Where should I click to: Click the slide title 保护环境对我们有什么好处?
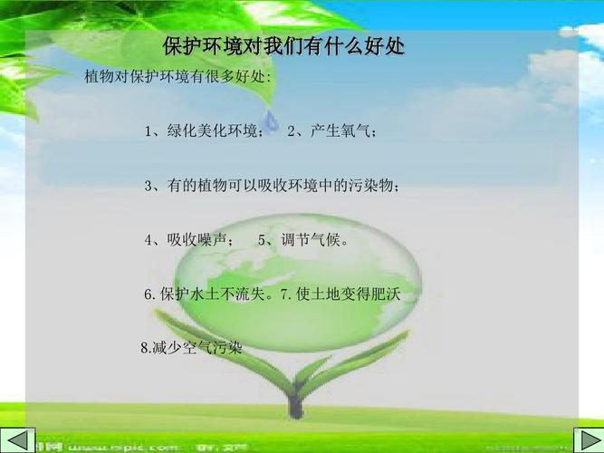(283, 46)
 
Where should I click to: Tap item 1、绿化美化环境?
(204, 132)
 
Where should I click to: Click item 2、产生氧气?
(331, 132)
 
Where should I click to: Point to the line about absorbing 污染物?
(271, 186)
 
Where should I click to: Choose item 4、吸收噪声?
(189, 240)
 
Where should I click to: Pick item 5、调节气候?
(303, 240)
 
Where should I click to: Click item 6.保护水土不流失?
(207, 294)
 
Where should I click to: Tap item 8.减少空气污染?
(192, 348)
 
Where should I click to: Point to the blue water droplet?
(271, 121)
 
